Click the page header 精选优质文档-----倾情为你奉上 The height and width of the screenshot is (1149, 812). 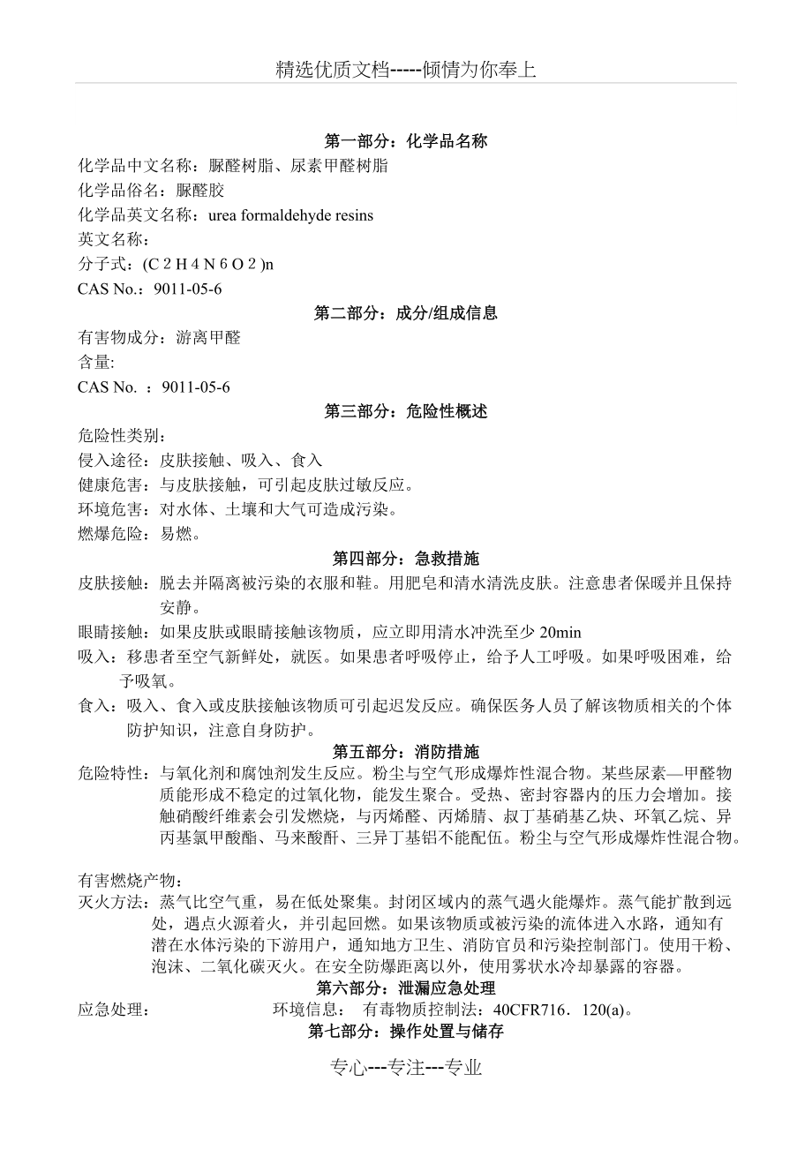(x=406, y=71)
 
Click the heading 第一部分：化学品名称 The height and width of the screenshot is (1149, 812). (x=406, y=141)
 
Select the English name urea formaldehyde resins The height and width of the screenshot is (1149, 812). (x=291, y=215)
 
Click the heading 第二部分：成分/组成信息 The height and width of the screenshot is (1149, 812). (x=406, y=313)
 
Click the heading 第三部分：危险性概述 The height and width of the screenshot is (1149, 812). (x=406, y=411)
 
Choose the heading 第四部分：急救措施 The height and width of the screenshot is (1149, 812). (x=406, y=559)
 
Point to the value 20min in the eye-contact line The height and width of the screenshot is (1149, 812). (x=560, y=632)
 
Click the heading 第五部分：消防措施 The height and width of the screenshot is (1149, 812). (x=406, y=752)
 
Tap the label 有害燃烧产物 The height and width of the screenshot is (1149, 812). (x=129, y=881)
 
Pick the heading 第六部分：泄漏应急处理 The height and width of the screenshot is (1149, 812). (x=406, y=988)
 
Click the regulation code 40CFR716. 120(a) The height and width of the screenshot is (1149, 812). (x=562, y=1010)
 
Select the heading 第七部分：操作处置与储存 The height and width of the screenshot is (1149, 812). (x=406, y=1032)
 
